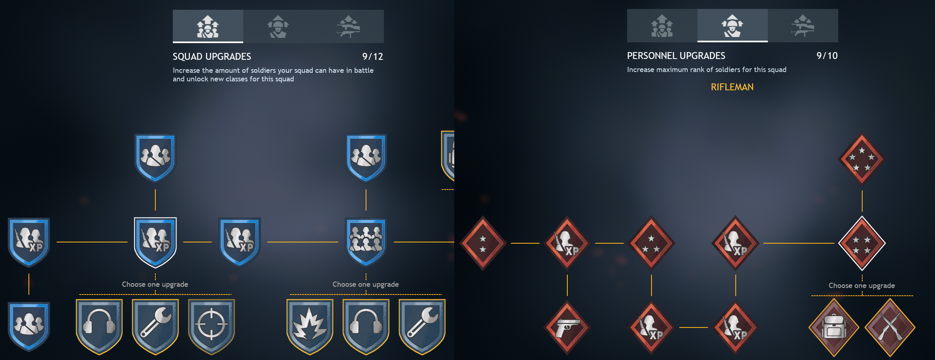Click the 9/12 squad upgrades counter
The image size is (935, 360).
pos(373,57)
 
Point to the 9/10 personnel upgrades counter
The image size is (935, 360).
pos(827,56)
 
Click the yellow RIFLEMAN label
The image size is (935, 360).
pos(732,87)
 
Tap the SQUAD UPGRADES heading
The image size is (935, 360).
pos(212,57)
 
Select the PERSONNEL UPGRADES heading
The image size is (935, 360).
pos(676,56)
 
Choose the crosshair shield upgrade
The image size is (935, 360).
pos(211,325)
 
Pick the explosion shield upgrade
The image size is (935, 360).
pos(310,325)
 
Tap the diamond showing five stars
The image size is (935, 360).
pos(862,159)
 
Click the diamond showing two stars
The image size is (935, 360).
pos(483,243)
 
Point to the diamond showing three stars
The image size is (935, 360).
pos(651,243)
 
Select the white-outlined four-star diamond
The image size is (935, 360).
pos(862,243)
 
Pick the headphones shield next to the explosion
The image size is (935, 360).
pos(366,325)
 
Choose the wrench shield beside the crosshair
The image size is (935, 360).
pos(155,325)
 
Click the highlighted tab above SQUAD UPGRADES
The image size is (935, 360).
pos(208,26)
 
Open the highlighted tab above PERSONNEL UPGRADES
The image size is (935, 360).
pos(732,26)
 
